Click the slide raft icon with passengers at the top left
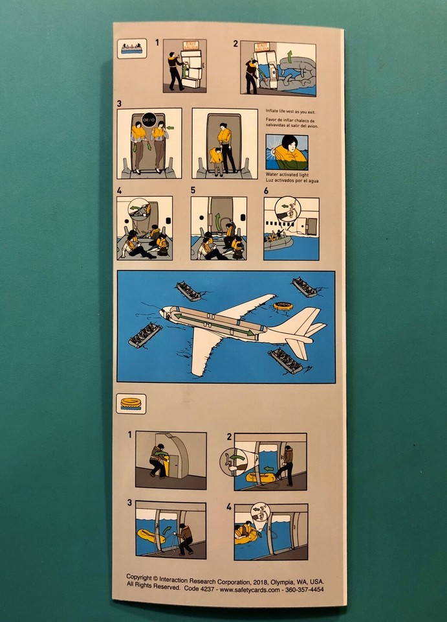132,49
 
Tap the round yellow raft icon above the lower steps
133,403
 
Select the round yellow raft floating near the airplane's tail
282,306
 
